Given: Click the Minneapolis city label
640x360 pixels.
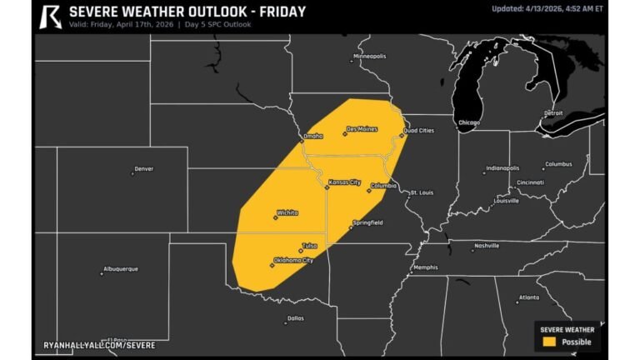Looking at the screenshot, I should coord(370,57).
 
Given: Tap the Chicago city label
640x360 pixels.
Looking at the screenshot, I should coord(469,122).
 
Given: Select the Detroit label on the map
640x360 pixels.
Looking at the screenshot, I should coord(553,112).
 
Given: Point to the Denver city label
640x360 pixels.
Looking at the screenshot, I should coord(144,168).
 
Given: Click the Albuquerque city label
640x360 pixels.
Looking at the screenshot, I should coord(120,268).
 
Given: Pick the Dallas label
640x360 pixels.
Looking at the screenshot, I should coord(295,317).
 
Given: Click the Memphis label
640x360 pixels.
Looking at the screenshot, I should coord(425,267).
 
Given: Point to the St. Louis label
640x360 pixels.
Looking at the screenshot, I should coord(421,192).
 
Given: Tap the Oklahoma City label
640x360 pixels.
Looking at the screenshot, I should coord(293,260).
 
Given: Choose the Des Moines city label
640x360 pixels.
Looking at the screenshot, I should coord(361,129).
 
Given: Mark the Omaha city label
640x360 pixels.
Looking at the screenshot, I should coord(312,136).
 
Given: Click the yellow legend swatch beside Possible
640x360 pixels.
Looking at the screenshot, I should coord(548,342).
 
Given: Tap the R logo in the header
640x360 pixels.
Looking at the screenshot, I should coord(51,15).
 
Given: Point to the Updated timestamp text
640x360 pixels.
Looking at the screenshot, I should coord(546,8).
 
